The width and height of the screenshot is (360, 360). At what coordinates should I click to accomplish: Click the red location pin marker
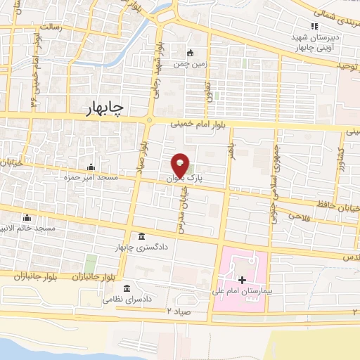[181, 166]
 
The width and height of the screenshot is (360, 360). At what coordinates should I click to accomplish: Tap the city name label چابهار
[103, 107]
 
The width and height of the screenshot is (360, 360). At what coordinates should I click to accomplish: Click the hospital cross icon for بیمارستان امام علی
[243, 280]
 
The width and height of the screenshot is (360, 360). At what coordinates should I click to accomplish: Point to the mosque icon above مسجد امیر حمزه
[91, 167]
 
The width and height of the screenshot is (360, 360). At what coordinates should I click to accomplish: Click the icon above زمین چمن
[190, 52]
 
